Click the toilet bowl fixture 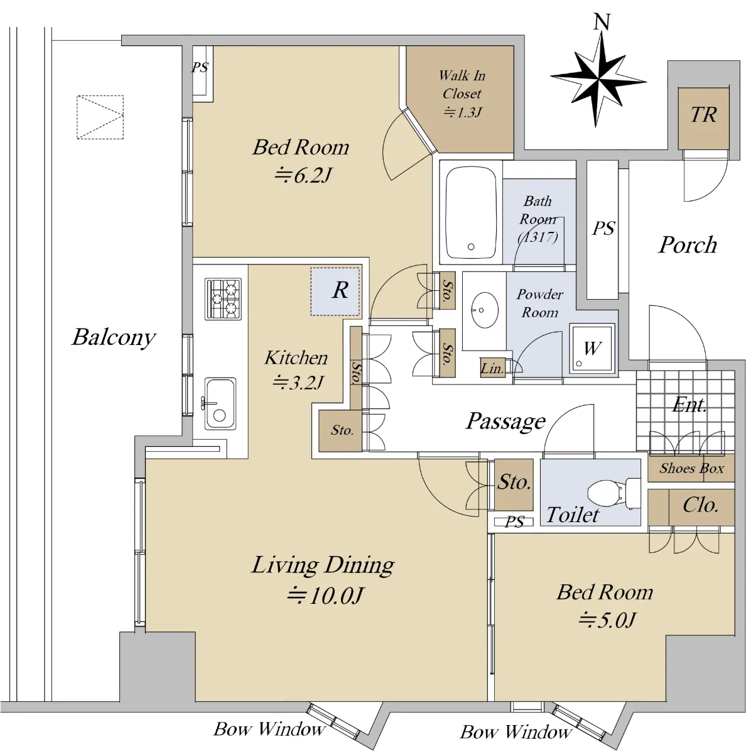(x=614, y=494)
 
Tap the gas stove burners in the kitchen (x=223, y=298)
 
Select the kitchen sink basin (x=220, y=403)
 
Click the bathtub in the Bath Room (x=471, y=212)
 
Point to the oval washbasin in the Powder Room (x=485, y=310)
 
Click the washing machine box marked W (x=592, y=347)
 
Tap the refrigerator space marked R (x=335, y=291)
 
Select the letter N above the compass (x=602, y=22)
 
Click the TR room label (x=703, y=114)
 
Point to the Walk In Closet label (x=462, y=84)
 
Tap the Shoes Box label (x=691, y=468)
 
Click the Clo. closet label (x=700, y=505)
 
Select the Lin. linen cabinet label (x=492, y=368)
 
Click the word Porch (x=688, y=245)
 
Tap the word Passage (x=505, y=422)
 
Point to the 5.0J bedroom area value (x=607, y=620)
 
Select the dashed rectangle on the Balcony (x=100, y=117)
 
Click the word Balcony (x=114, y=337)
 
